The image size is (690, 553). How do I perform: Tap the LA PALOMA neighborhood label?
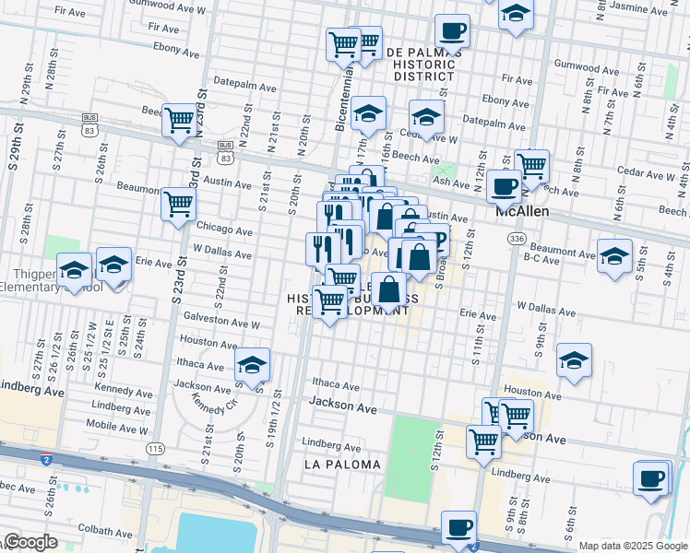[342, 465]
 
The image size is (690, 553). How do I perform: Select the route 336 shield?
[515, 239]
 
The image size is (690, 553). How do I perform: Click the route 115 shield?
[154, 447]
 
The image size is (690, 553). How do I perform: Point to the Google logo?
[30, 542]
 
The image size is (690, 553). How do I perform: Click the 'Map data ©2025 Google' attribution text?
[632, 546]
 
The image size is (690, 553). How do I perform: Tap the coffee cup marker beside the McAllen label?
[504, 186]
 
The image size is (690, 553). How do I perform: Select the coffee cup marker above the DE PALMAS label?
[452, 30]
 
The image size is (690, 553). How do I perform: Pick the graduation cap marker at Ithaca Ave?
[252, 364]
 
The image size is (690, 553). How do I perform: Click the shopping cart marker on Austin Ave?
[178, 203]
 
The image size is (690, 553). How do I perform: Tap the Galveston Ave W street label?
[222, 324]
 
